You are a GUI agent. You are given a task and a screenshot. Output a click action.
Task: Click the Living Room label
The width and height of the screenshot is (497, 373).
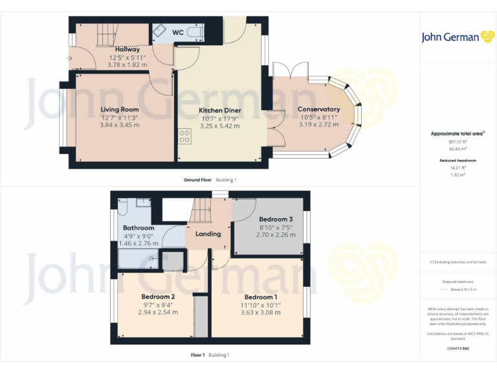pyautogui.click(x=120, y=109)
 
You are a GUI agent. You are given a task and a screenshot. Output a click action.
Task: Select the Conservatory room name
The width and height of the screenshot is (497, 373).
pyautogui.click(x=318, y=109)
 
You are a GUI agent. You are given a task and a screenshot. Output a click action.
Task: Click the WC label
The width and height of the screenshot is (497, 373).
pyautogui.click(x=177, y=32)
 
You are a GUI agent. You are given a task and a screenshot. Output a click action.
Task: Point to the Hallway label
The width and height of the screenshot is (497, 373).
pyautogui.click(x=127, y=49)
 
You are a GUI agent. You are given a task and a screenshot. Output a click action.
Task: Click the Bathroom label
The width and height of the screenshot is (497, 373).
pyautogui.click(x=138, y=228)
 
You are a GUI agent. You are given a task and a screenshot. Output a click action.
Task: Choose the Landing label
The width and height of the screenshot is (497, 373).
pyautogui.click(x=208, y=234)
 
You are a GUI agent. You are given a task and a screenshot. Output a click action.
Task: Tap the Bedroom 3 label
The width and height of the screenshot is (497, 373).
pyautogui.click(x=276, y=219)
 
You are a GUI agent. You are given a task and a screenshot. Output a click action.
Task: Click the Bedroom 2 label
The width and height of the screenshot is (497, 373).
pyautogui.click(x=158, y=297)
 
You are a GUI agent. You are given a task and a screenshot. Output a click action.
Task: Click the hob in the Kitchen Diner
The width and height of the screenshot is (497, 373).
pyautogui.click(x=184, y=137)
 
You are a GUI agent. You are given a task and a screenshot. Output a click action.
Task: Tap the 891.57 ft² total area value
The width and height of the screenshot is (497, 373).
pyautogui.click(x=458, y=141)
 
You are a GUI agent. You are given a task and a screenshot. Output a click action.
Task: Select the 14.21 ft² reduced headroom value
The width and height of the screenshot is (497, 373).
pyautogui.click(x=458, y=167)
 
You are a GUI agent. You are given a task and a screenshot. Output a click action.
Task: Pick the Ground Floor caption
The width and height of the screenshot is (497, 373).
pyautogui.click(x=197, y=179)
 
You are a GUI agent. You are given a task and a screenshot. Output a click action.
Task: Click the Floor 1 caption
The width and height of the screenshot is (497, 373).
pyautogui.click(x=197, y=355)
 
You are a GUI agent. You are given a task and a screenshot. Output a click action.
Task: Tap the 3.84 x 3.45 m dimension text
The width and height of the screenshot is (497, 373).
pyautogui.click(x=120, y=125)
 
